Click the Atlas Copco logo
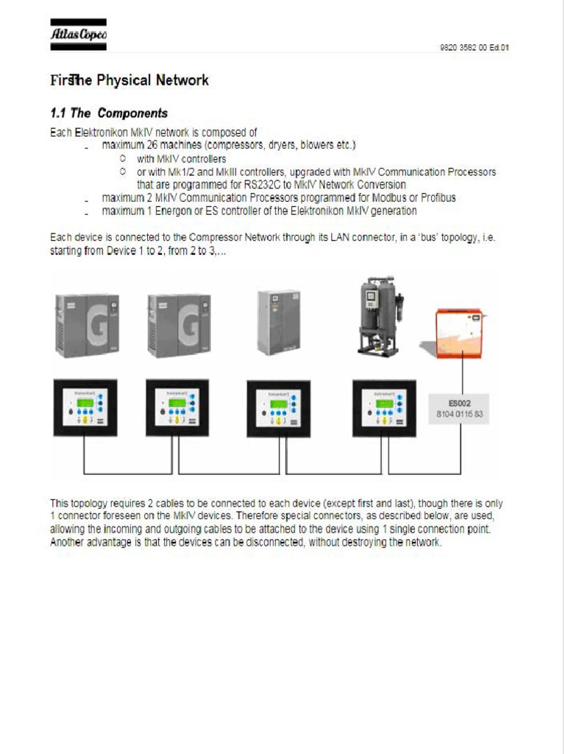pos(78,35)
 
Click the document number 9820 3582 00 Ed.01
pos(474,48)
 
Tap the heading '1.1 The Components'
pos(109,113)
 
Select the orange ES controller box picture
pos(458,334)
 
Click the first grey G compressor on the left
pos(87,325)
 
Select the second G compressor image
pos(179,325)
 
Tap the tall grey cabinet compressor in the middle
pos(279,322)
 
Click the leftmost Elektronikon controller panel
pos(85,408)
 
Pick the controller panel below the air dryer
pos(383,408)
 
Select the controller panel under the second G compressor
pos(177,408)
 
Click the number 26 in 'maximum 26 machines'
pos(154,145)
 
